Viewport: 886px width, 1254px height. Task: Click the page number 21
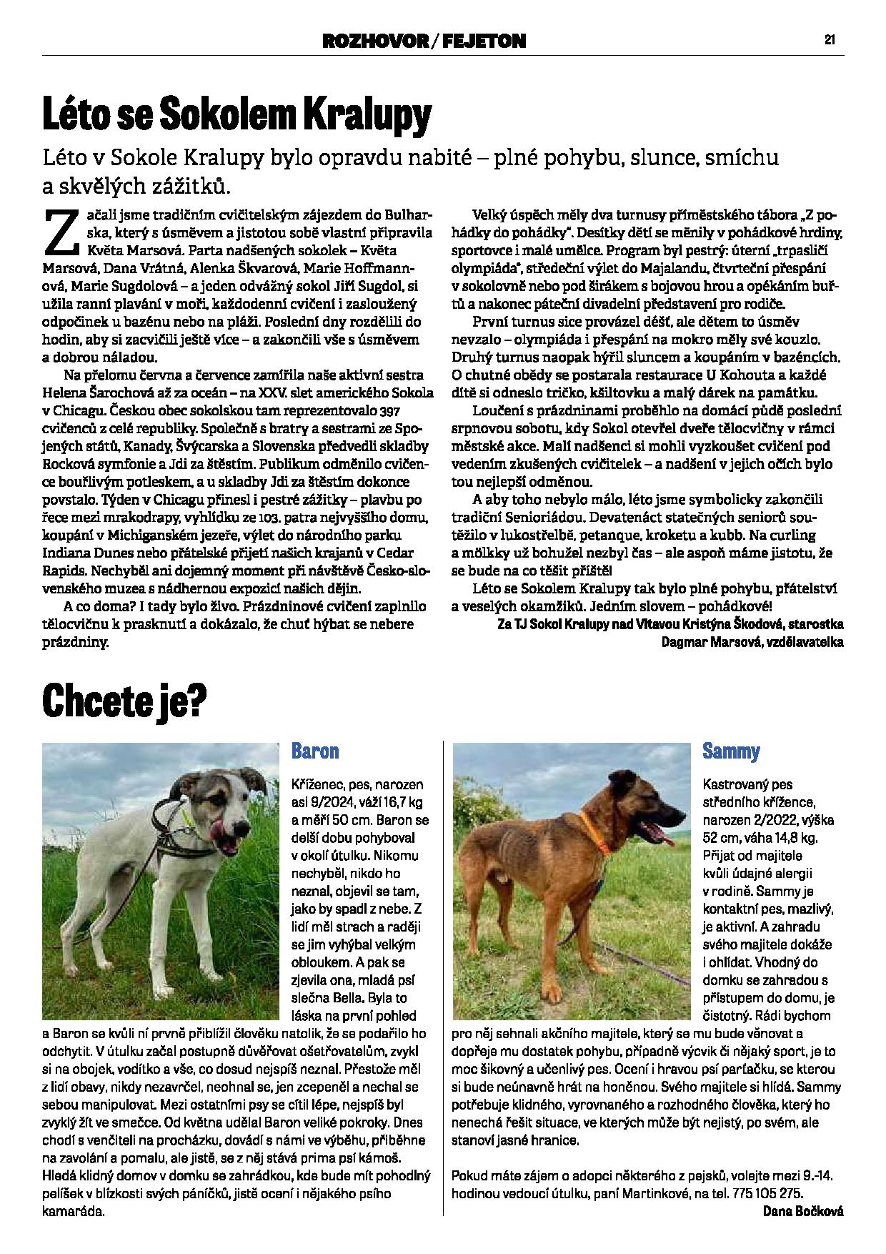(830, 40)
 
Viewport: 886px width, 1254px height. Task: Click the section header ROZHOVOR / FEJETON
(424, 41)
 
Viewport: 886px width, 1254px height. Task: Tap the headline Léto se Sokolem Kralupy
(237, 114)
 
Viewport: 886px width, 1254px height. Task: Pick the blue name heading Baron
(314, 751)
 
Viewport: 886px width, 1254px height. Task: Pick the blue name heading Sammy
(731, 751)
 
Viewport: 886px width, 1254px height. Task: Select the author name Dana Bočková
(803, 1211)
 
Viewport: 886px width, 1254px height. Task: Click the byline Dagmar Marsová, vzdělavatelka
(753, 642)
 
